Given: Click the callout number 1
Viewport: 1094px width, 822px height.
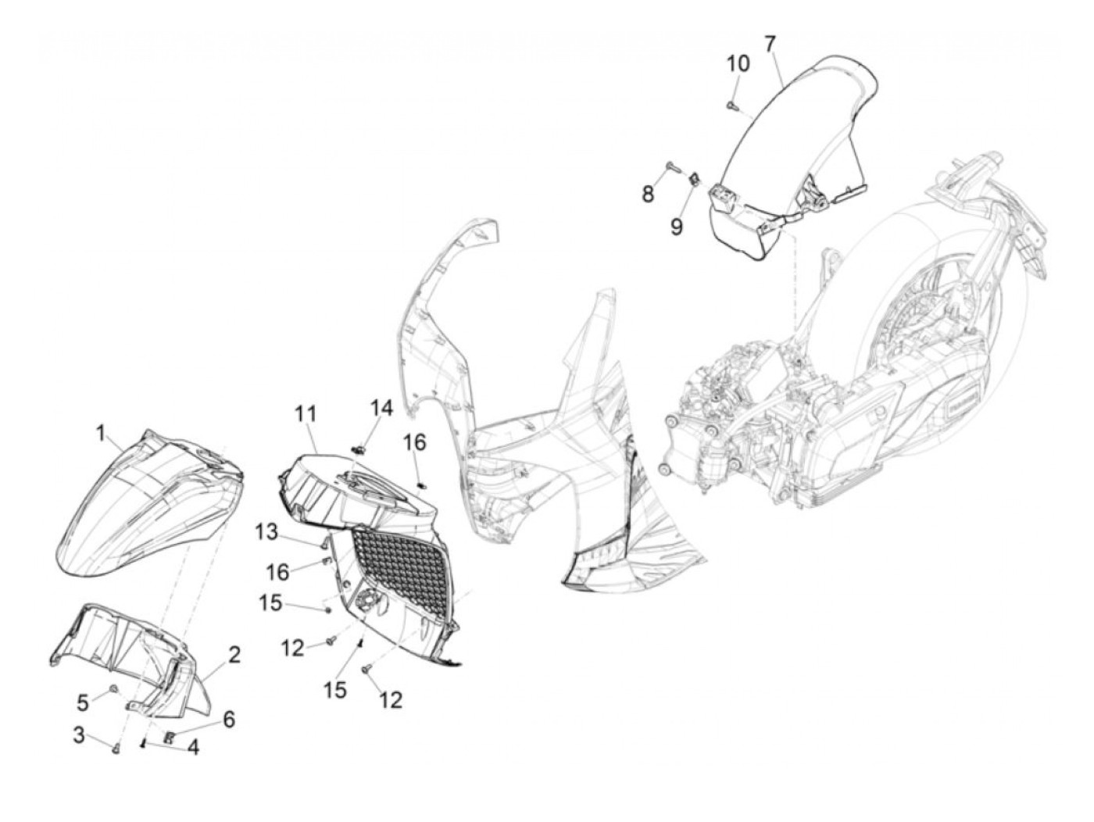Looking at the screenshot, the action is click(101, 434).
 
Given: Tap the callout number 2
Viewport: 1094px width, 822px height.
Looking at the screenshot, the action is click(234, 655).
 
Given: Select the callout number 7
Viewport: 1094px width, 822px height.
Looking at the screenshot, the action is click(770, 44).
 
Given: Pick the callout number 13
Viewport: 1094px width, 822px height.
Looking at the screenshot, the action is click(266, 531).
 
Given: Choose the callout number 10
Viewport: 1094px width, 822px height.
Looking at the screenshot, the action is click(738, 64).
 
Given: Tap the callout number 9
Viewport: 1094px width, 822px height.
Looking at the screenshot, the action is click(677, 227).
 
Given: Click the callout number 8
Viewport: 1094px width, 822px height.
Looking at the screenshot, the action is click(648, 193).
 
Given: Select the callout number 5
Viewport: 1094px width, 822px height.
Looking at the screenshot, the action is click(82, 702).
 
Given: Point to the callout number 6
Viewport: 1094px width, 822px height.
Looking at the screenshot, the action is click(229, 720).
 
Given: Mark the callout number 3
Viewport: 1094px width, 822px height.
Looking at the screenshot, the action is click(79, 735).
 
